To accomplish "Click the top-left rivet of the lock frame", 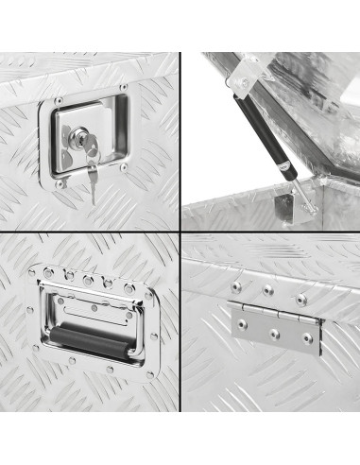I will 59,99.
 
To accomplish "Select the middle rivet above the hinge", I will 267,290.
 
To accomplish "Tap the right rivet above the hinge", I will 300,298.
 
